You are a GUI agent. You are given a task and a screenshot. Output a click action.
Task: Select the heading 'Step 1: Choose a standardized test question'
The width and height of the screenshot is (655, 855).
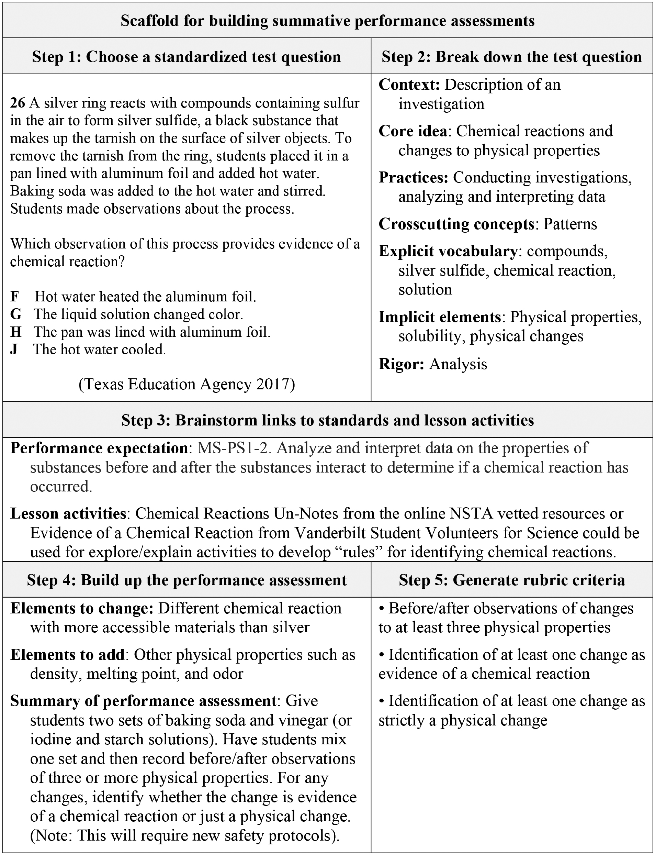pyautogui.click(x=187, y=57)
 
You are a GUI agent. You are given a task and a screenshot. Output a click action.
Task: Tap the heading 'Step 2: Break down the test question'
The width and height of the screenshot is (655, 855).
pyautogui.click(x=511, y=57)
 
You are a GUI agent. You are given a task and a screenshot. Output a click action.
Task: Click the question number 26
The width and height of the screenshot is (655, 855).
pyautogui.click(x=18, y=103)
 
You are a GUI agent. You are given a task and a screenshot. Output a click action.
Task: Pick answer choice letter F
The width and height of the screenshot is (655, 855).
pyautogui.click(x=14, y=297)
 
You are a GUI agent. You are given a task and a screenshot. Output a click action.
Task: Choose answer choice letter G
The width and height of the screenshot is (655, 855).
pyautogui.click(x=15, y=314)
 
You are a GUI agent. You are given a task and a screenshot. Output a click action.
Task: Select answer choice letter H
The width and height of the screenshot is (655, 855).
pyautogui.click(x=15, y=332)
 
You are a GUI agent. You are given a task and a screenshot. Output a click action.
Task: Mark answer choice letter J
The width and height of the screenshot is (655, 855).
pyautogui.click(x=14, y=349)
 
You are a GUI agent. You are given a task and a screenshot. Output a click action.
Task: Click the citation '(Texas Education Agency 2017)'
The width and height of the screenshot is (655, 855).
pyautogui.click(x=187, y=384)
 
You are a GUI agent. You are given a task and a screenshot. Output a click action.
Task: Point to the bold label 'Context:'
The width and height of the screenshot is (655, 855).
pyautogui.click(x=409, y=85)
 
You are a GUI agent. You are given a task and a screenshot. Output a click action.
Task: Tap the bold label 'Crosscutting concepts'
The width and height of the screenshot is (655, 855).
pyautogui.click(x=456, y=224)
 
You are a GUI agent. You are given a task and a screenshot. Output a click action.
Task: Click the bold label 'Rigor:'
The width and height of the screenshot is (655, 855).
pyautogui.click(x=402, y=364)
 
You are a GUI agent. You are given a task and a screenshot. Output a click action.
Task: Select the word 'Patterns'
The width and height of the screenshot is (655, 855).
pyautogui.click(x=570, y=224)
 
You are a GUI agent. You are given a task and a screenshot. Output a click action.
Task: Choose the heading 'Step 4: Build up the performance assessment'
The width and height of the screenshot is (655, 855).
pyautogui.click(x=187, y=580)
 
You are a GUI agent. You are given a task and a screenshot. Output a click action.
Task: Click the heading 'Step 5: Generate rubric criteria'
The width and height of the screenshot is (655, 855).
pyautogui.click(x=511, y=580)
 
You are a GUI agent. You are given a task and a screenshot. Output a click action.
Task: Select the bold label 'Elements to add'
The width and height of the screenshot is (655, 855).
pyautogui.click(x=67, y=655)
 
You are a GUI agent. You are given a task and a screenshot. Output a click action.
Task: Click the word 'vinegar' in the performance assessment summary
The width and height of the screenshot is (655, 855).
pyautogui.click(x=303, y=720)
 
